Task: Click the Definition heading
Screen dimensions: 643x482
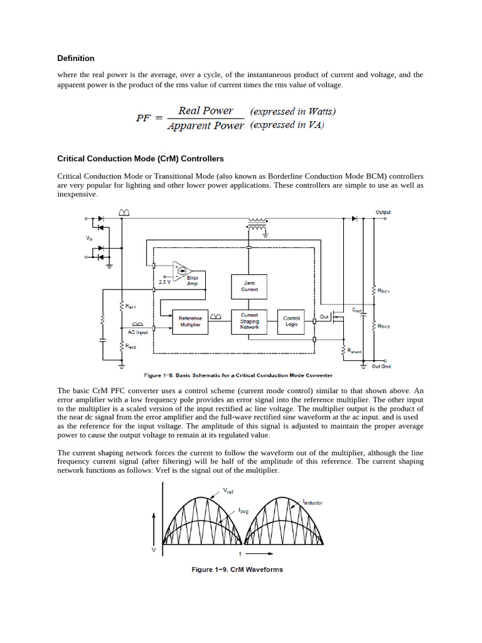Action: tap(76, 58)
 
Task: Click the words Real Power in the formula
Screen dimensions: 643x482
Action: tap(205, 111)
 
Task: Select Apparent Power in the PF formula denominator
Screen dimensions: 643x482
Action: tap(205, 126)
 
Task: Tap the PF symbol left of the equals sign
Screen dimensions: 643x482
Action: tap(144, 118)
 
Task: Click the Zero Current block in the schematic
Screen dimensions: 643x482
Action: tap(250, 286)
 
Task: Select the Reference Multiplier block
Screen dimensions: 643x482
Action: tap(190, 321)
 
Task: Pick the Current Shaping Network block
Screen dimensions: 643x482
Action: tap(250, 321)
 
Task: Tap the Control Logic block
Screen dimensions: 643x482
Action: tap(292, 321)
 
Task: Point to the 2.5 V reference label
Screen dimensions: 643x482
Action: tap(164, 282)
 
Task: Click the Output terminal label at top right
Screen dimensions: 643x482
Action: tap(383, 212)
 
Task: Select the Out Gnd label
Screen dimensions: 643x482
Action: tap(381, 366)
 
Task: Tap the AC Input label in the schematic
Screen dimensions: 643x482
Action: tap(138, 332)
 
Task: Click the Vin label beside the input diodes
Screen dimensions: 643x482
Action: tap(88, 238)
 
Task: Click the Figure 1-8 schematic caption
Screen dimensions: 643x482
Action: tap(238, 376)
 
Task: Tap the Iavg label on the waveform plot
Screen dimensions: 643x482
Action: tap(244, 511)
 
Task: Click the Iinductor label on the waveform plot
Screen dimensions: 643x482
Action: tap(313, 502)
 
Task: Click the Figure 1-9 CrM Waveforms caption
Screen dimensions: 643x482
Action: tap(237, 570)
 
